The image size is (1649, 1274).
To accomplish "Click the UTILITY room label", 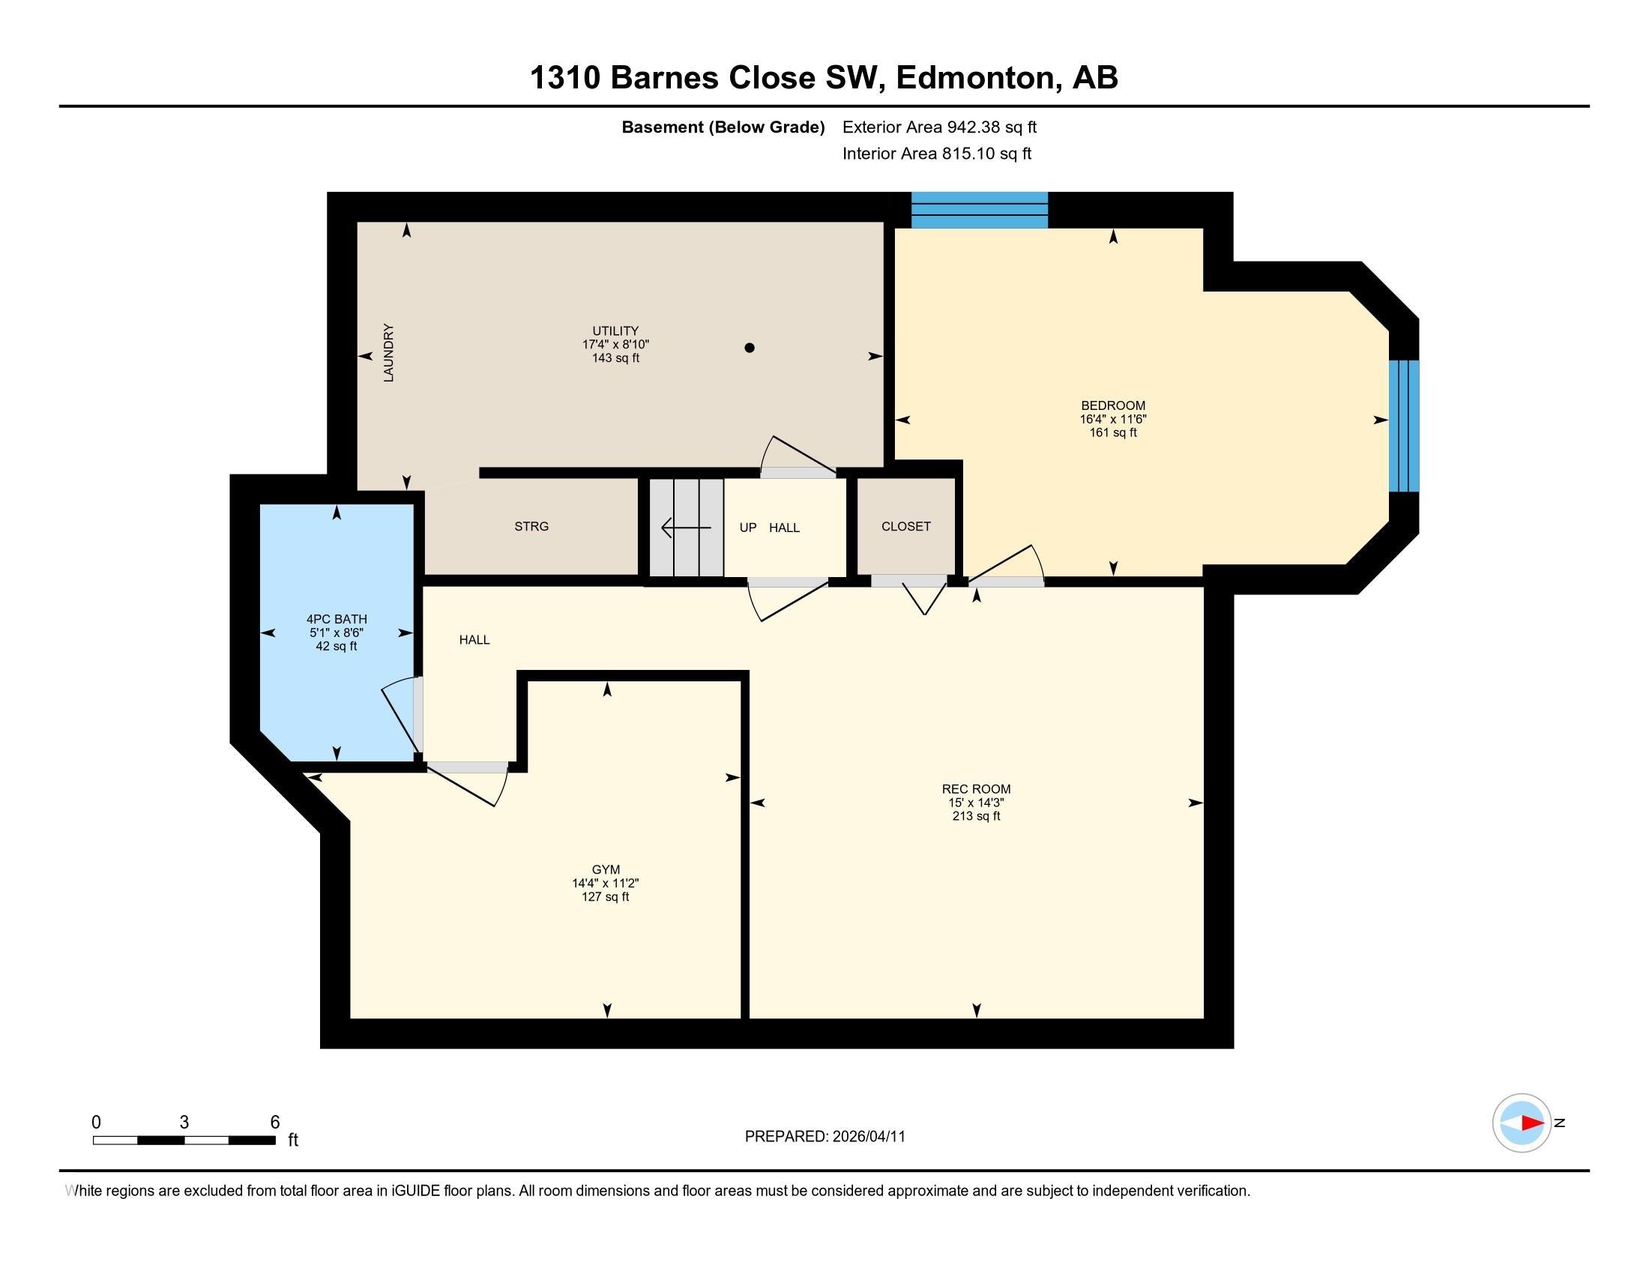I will (x=615, y=330).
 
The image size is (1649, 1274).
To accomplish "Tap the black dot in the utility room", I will (x=749, y=348).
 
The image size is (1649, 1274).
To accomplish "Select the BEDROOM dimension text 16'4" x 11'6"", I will (x=1112, y=419).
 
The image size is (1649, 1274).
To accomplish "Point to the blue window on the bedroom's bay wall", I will (x=1404, y=426).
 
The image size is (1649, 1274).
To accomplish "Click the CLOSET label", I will (x=905, y=526).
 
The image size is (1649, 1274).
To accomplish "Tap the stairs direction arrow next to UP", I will (x=684, y=528).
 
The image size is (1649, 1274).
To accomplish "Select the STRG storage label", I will (x=531, y=526).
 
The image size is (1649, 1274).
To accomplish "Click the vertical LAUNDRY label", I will (x=389, y=352).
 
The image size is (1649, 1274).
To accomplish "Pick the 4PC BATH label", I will (x=336, y=619).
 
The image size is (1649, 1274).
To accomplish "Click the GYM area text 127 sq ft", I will (x=605, y=896).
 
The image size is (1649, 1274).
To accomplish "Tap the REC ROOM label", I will (x=975, y=788).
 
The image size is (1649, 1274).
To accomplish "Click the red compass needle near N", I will (x=1531, y=1123).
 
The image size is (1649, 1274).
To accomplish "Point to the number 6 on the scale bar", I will (x=275, y=1122).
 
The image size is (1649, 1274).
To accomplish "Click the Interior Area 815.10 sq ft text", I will (x=936, y=153).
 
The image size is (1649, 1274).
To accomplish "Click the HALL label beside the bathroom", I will (x=474, y=639).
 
